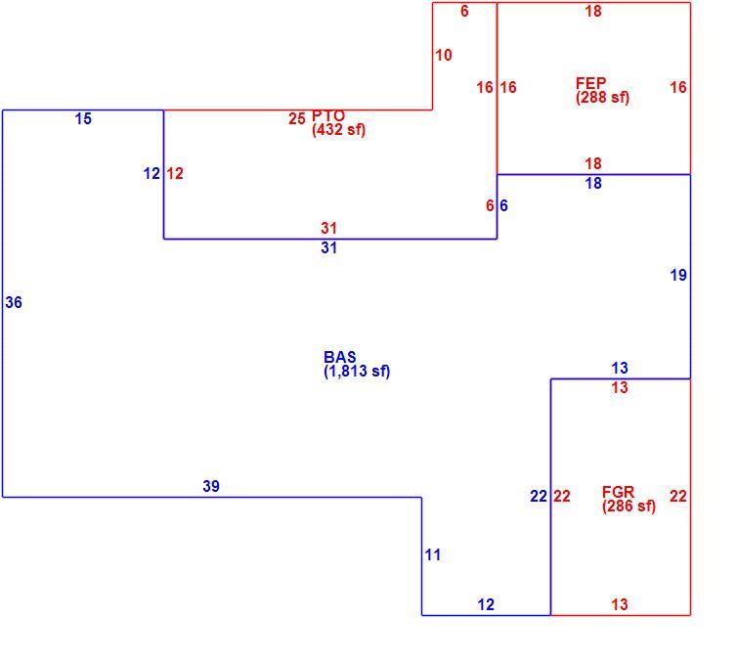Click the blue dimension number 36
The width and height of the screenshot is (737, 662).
(14, 302)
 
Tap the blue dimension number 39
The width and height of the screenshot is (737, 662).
(211, 486)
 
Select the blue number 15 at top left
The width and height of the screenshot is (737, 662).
(83, 118)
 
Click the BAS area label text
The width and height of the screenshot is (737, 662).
(340, 356)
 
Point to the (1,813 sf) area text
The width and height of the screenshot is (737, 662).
(357, 371)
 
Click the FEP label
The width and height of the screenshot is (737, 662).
(590, 83)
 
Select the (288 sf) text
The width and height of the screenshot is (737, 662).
(602, 98)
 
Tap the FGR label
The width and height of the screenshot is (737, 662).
(618, 492)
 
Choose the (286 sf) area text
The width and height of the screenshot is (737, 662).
(629, 507)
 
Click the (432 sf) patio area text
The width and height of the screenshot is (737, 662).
(338, 130)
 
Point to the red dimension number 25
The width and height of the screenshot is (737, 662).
(297, 118)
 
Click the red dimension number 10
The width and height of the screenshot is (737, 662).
(444, 55)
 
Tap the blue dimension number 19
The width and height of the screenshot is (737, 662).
(678, 275)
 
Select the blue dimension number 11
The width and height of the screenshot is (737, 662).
(433, 554)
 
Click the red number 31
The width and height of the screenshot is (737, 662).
(329, 228)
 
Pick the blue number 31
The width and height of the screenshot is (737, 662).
(329, 247)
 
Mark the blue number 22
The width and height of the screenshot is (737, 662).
(539, 496)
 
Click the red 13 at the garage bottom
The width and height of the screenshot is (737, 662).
(620, 604)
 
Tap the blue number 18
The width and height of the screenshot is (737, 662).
(593, 183)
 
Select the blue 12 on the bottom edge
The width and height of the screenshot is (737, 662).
(486, 604)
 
